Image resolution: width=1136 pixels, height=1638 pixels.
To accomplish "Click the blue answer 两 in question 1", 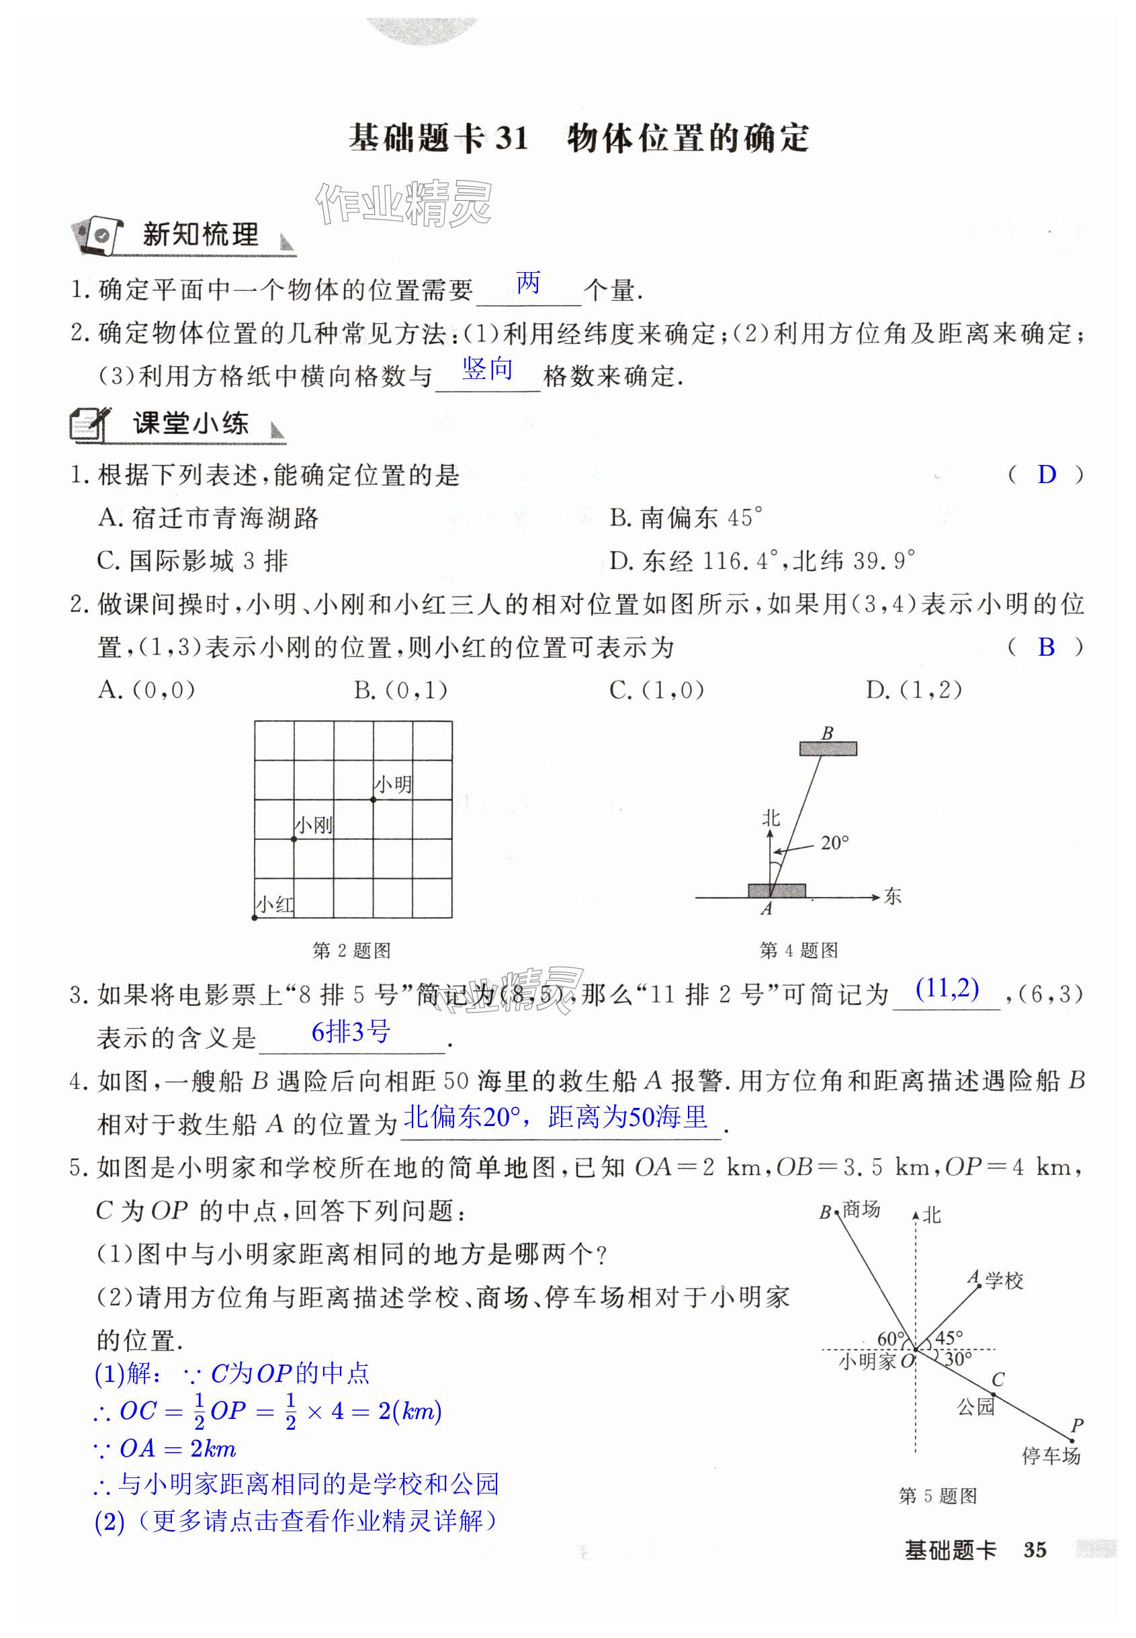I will [x=528, y=284].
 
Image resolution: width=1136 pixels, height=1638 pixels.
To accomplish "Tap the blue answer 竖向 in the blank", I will [x=488, y=369].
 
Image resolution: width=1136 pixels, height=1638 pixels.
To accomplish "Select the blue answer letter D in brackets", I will [x=1047, y=475].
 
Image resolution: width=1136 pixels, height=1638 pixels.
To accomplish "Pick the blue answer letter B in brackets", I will [x=1045, y=647].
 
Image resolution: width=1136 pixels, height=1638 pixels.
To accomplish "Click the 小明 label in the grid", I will [x=394, y=785].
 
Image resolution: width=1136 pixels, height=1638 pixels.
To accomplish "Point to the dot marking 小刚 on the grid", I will [x=294, y=839].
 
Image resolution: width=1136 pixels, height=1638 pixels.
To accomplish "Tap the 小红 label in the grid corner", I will [x=275, y=905].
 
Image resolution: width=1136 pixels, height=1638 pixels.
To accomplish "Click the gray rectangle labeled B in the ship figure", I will [x=828, y=748].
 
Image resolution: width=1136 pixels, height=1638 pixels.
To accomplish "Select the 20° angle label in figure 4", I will [x=834, y=843].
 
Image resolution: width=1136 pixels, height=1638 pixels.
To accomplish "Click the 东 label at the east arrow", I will [x=893, y=896].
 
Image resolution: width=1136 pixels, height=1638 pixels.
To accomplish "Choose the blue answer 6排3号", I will [x=350, y=1031].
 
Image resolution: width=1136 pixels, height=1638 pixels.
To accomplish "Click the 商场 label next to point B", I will [x=861, y=1209].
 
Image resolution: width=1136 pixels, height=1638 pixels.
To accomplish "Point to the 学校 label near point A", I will [x=1004, y=1281].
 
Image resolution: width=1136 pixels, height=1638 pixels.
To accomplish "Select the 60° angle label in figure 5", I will [x=890, y=1339].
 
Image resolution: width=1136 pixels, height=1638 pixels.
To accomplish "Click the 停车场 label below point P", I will [x=1051, y=1456].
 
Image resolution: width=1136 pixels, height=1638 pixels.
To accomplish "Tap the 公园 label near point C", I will [x=975, y=1407].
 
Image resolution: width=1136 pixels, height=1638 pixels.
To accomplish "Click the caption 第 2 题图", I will [x=351, y=950].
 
